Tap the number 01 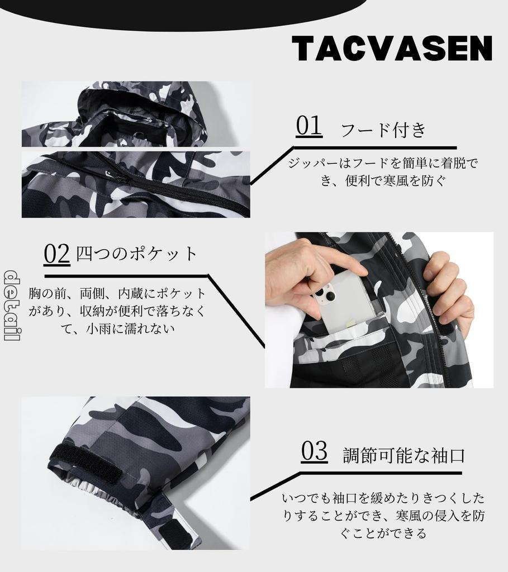point(309,126)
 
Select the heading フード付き point(383,130)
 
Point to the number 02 point(56,253)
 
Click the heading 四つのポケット point(137,254)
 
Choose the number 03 point(314,451)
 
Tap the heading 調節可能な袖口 point(403,455)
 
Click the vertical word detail point(12,305)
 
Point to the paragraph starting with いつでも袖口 point(383,515)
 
